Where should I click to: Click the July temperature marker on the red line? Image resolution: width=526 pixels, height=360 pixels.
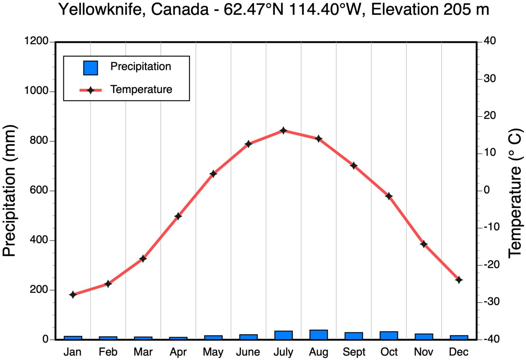click(x=283, y=130)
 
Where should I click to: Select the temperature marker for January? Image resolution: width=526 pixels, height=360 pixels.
click(x=73, y=294)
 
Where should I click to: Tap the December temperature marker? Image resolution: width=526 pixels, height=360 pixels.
click(x=459, y=280)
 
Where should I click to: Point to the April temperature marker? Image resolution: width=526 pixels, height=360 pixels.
click(x=178, y=216)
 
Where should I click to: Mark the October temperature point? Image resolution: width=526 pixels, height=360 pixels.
click(x=389, y=196)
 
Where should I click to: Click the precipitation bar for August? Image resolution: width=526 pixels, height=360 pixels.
click(x=318, y=335)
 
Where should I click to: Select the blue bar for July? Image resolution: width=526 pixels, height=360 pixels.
click(x=283, y=335)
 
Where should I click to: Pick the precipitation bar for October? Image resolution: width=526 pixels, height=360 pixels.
click(x=389, y=335)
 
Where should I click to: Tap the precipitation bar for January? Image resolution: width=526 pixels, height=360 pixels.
click(x=73, y=338)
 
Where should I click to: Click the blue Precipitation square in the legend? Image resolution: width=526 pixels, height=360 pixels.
click(x=90, y=68)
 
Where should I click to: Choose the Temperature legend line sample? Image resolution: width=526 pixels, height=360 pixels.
click(x=90, y=90)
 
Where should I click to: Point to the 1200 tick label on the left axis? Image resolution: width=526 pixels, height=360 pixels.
click(x=36, y=41)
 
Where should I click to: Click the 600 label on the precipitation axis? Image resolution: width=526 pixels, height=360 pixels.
click(x=39, y=190)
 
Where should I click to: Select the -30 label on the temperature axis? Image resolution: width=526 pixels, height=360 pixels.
click(x=491, y=301)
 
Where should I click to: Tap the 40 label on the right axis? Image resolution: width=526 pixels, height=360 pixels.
click(x=490, y=41)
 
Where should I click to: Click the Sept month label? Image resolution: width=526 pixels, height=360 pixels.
click(x=354, y=352)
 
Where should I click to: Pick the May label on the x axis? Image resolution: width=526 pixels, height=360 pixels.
click(x=213, y=352)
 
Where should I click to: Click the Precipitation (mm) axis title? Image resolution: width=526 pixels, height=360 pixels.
click(x=10, y=190)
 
